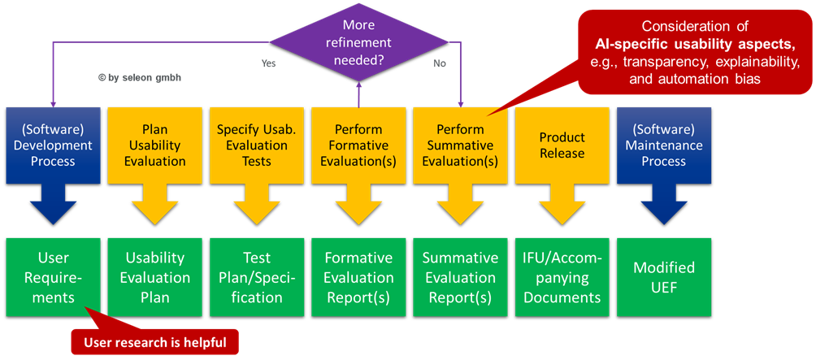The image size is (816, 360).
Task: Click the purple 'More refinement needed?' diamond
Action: point(358,42)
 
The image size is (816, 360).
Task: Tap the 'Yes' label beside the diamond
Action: point(268,63)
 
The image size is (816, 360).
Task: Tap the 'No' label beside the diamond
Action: point(440,63)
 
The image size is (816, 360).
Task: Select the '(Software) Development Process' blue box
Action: point(53,145)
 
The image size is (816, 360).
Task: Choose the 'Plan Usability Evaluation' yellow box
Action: point(154,145)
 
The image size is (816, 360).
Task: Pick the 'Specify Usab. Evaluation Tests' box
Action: point(257,145)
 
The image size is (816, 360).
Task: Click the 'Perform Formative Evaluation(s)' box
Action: point(358,145)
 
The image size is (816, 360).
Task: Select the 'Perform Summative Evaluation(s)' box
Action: point(461,145)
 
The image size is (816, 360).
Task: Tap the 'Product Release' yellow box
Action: point(562,145)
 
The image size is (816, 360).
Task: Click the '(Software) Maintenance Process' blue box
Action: point(664,145)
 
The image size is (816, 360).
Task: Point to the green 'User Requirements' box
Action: point(53,278)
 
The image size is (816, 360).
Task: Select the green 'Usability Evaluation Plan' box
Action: point(154,278)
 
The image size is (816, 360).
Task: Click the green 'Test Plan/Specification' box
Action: point(257,278)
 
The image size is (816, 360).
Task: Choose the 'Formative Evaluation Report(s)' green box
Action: point(358,278)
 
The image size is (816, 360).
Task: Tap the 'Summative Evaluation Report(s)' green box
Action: point(461,278)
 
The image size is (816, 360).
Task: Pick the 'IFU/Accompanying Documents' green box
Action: point(562,278)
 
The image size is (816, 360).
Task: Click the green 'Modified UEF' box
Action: point(664,278)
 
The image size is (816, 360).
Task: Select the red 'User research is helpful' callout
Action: point(154,342)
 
